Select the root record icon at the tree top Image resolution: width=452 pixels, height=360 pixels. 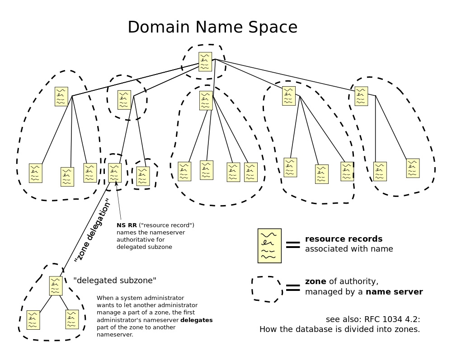(205, 61)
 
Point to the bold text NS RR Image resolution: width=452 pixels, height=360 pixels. (127, 225)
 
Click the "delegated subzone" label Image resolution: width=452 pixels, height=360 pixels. (115, 281)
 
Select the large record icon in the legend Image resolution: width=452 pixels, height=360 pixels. (269, 246)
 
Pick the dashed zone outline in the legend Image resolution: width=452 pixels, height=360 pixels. (267, 289)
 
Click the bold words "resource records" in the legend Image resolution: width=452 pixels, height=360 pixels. (344, 239)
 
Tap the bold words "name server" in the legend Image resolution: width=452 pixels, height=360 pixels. (394, 292)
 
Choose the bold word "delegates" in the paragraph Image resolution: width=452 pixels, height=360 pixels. (196, 320)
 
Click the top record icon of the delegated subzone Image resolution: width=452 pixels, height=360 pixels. (56, 285)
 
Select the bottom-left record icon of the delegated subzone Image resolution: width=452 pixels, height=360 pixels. (33, 320)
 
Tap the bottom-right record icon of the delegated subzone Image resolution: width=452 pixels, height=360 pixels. (72, 319)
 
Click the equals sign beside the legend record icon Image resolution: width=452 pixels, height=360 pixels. (293, 244)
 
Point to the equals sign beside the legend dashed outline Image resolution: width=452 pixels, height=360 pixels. (293, 288)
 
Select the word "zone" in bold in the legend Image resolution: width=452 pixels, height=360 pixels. (315, 281)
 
